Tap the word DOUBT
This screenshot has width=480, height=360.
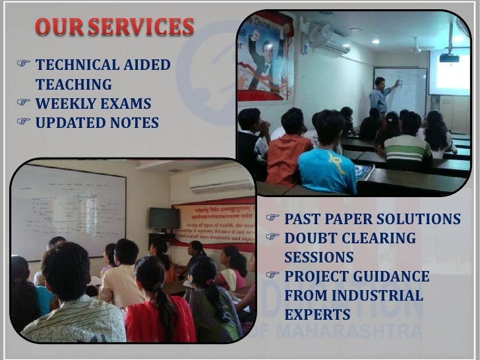(312, 238)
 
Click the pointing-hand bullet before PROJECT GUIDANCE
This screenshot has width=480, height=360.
(272, 276)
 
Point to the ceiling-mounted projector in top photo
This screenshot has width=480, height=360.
(449, 57)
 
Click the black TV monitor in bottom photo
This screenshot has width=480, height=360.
(164, 218)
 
